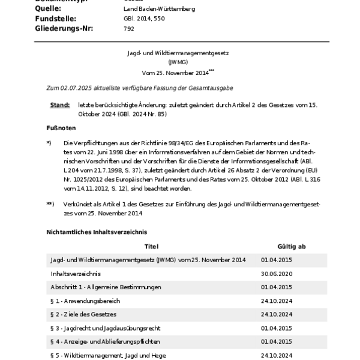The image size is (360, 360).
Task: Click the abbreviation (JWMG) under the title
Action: (178, 62)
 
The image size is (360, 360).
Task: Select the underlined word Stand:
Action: (77, 105)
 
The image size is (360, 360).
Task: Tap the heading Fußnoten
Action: (62, 128)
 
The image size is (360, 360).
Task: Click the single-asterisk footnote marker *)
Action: (49, 143)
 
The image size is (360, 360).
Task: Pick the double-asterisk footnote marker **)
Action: (50, 204)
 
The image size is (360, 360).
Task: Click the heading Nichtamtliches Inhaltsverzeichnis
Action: (97, 232)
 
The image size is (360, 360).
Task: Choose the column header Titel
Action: (152, 246)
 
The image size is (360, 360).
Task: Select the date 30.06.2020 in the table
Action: (277, 273)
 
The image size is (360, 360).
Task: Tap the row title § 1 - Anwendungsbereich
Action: (86, 301)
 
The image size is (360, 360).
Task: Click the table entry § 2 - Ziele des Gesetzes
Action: (84, 314)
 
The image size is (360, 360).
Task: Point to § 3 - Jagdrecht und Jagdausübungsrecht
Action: (106, 328)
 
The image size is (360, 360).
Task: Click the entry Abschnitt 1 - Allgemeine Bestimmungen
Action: (106, 287)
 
